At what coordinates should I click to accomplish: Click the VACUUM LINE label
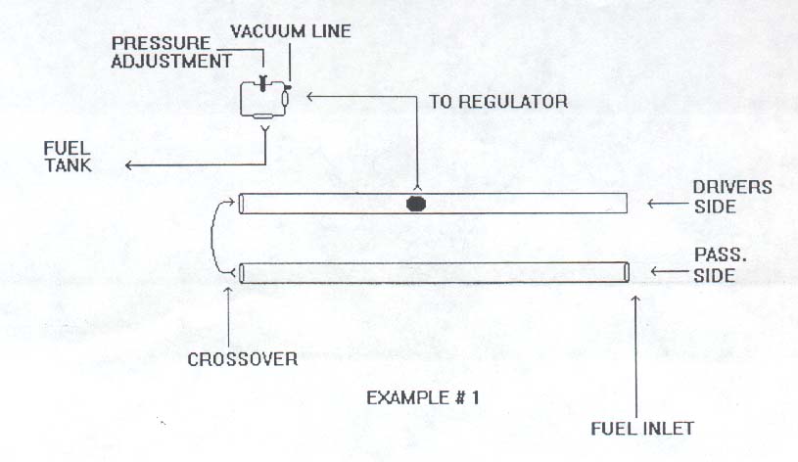coord(291,31)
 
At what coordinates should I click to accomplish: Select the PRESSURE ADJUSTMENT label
coord(171,52)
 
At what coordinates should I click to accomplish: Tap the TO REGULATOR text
coord(498,102)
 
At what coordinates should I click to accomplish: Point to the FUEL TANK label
coord(68,157)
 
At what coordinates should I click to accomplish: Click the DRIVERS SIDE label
coord(732,197)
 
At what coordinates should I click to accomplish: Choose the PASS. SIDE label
coord(720,264)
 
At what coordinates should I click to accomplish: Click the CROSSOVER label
coord(242,360)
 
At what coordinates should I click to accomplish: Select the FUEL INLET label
coord(642,429)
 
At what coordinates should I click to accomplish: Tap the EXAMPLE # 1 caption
coord(423,397)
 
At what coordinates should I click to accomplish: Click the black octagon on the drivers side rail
coord(416,204)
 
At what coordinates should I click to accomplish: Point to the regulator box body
coord(263,100)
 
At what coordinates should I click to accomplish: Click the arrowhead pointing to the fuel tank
coord(129,164)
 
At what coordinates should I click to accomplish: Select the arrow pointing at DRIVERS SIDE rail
coord(667,204)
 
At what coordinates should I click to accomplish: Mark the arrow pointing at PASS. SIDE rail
coord(672,272)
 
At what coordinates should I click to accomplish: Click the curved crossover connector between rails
coord(212,238)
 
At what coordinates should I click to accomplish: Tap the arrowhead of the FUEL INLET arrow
coord(635,300)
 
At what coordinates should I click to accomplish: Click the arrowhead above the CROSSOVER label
coord(228,291)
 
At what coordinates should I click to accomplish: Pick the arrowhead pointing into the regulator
coord(309,96)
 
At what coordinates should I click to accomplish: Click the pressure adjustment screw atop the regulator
coord(263,82)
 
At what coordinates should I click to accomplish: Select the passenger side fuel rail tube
coord(434,272)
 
